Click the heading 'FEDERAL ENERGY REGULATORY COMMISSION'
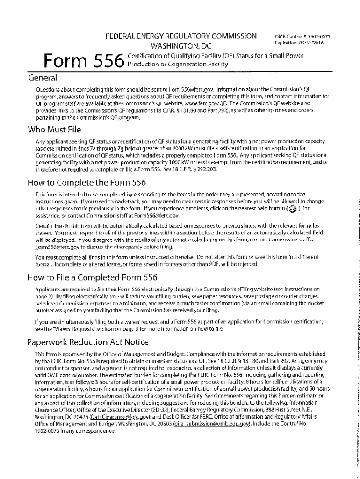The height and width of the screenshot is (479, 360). tap(181, 36)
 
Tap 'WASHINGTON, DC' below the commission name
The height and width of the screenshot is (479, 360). tap(181, 47)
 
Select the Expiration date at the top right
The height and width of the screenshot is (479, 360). tap(299, 43)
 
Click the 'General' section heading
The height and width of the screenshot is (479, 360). tap(43, 77)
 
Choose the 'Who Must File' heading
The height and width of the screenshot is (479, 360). tap(55, 129)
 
